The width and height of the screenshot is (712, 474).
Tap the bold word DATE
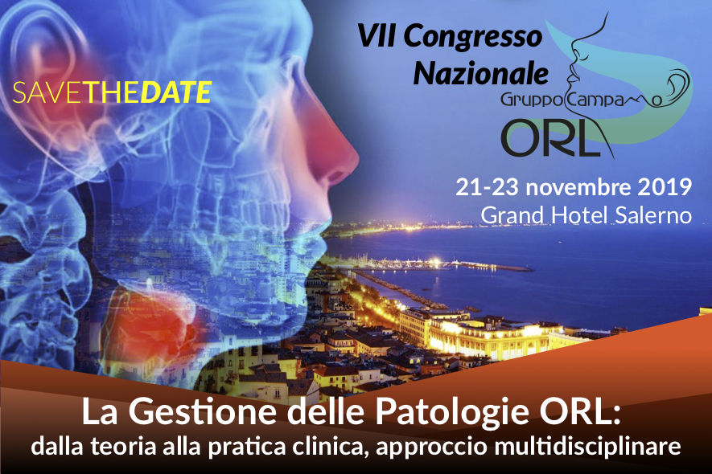click(x=176, y=92)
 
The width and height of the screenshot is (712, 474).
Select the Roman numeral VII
click(x=376, y=36)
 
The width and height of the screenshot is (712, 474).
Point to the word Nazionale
click(x=480, y=73)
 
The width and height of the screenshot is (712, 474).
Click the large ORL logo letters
click(x=550, y=138)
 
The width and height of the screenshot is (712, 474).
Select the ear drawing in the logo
click(x=677, y=85)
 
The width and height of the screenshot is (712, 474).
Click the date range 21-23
click(x=487, y=187)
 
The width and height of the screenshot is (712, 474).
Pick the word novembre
click(x=578, y=188)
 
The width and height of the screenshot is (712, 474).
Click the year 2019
click(x=665, y=187)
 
